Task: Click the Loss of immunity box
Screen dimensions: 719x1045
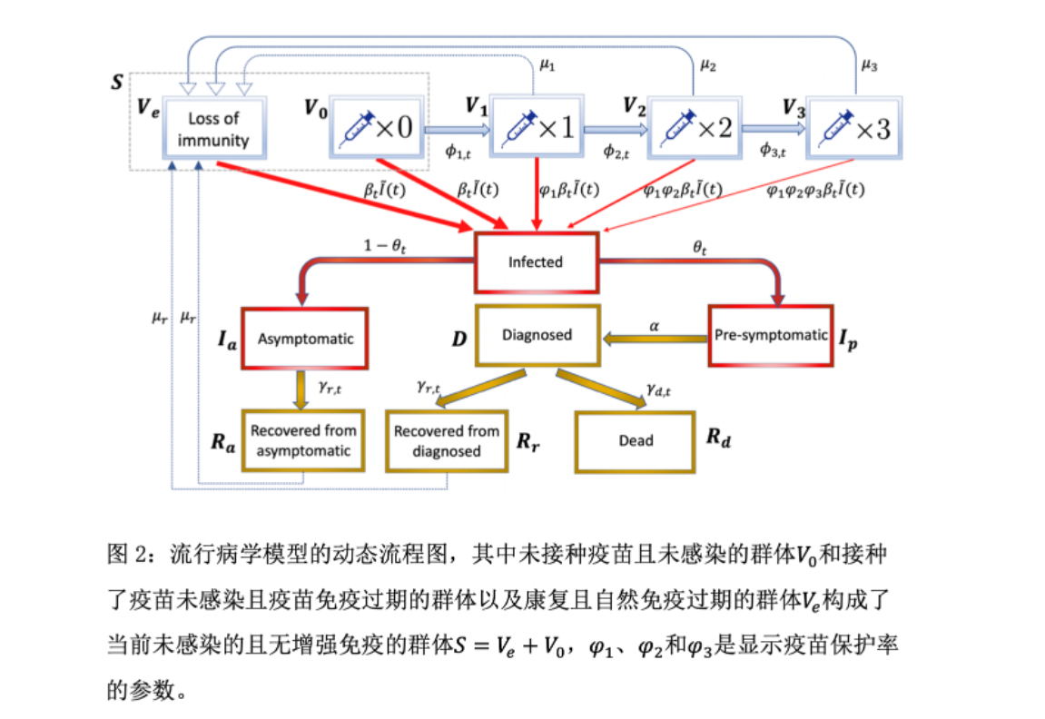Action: pyautogui.click(x=213, y=129)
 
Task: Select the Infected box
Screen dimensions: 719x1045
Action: pyautogui.click(x=535, y=262)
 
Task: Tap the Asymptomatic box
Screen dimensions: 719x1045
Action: pyautogui.click(x=305, y=339)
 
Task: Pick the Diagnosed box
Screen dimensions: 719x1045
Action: pyautogui.click(x=537, y=335)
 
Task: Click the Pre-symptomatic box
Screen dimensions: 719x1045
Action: pyautogui.click(x=770, y=335)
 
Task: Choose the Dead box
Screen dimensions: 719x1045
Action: pyautogui.click(x=636, y=440)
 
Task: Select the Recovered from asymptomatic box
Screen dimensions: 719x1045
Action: pyautogui.click(x=303, y=440)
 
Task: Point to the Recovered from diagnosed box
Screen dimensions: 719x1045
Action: pyautogui.click(x=446, y=440)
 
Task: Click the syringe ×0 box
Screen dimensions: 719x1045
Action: pyautogui.click(x=373, y=128)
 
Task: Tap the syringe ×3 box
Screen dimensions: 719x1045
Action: pyautogui.click(x=853, y=128)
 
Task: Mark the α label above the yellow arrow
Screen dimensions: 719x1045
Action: pyautogui.click(x=653, y=324)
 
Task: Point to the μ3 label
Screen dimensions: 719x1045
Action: pyautogui.click(x=868, y=64)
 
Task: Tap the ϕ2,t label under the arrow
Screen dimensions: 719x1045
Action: pyautogui.click(x=617, y=151)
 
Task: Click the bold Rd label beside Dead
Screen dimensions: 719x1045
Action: pyautogui.click(x=718, y=439)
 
